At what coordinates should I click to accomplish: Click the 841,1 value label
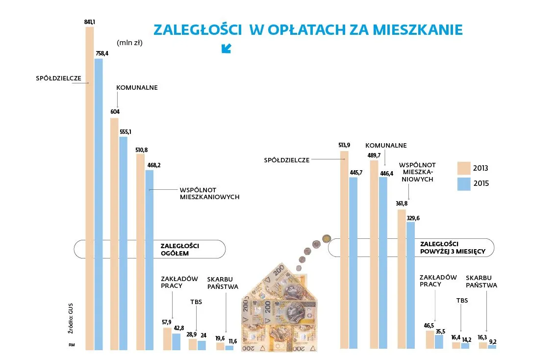tap(90, 22)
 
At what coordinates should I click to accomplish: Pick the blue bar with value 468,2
tap(150, 260)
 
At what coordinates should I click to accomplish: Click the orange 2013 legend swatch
tap(463, 168)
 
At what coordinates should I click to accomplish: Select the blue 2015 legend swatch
tap(463, 184)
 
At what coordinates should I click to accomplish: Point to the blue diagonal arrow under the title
tap(226, 48)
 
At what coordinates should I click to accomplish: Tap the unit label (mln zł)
tap(129, 43)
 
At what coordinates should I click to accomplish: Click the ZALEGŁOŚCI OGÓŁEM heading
tap(175, 249)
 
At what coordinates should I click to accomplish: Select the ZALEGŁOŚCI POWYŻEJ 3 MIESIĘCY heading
tap(452, 248)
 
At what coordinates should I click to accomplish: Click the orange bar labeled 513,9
tap(344, 250)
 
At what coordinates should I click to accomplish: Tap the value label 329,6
tap(411, 218)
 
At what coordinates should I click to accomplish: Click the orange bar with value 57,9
tap(167, 339)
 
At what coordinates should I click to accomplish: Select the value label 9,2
tap(492, 340)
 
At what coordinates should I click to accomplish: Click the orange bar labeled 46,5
tap(429, 339)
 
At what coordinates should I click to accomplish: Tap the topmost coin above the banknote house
tap(326, 240)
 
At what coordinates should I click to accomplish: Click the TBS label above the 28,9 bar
tap(196, 302)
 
